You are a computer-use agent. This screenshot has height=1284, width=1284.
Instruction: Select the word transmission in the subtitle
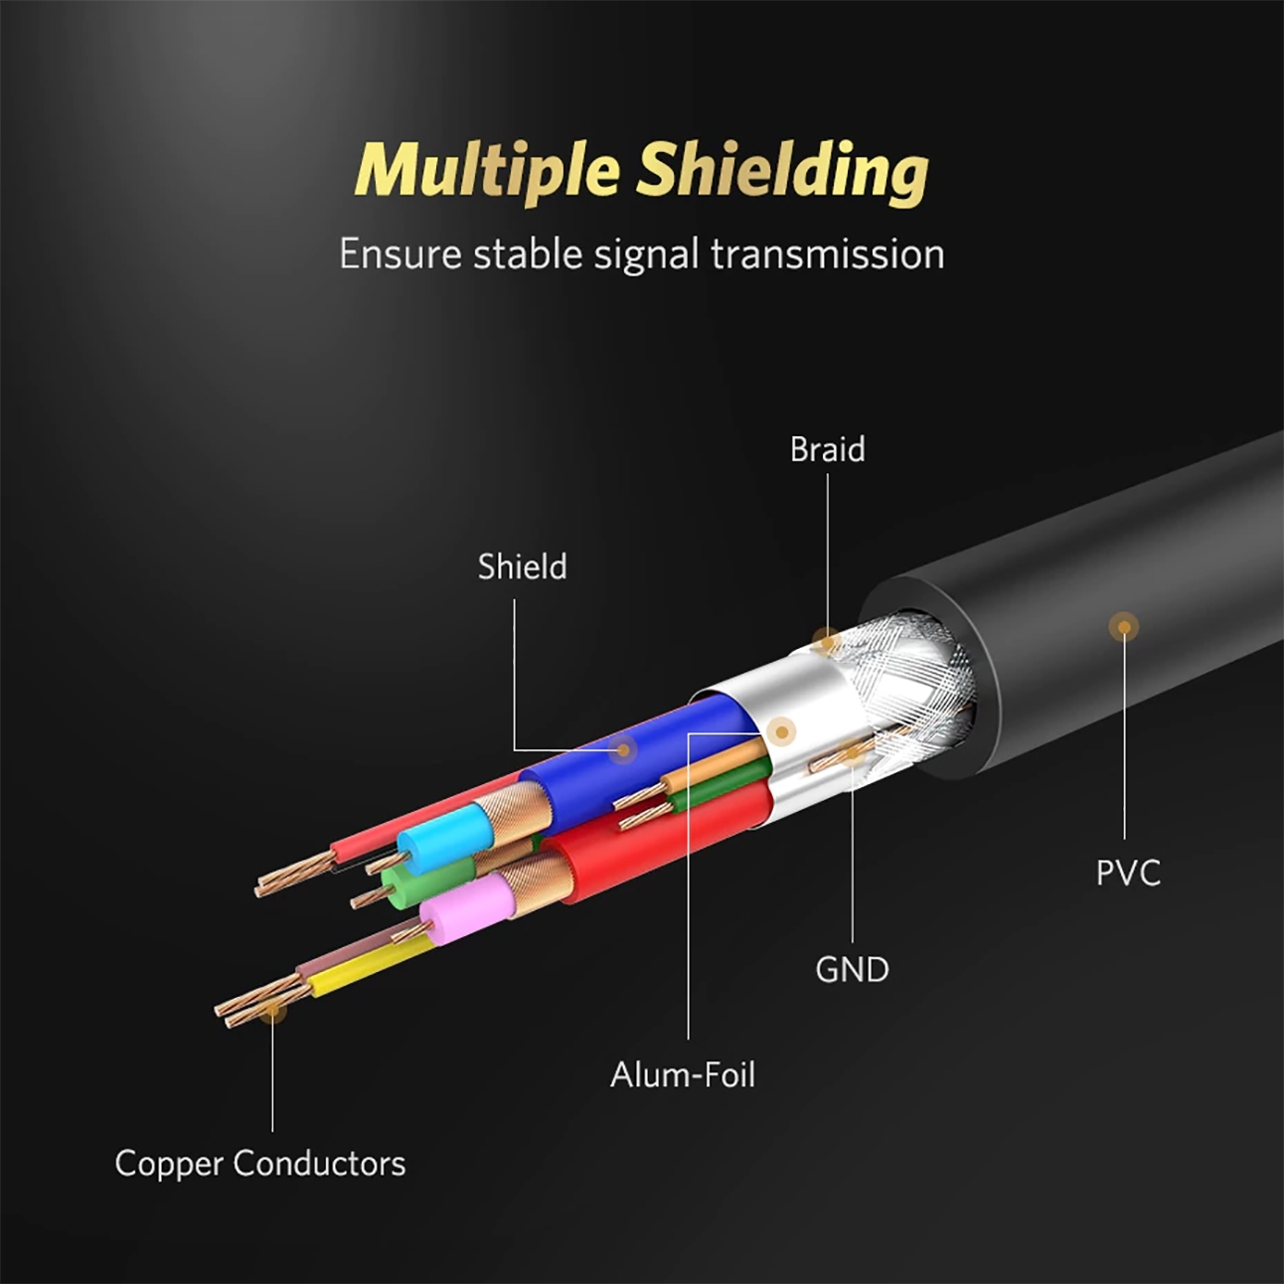pos(827,254)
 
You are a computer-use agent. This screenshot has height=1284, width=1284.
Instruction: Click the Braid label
pos(827,450)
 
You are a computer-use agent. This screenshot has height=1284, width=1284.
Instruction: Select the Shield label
pos(522,566)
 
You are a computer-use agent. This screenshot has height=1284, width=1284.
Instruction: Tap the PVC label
pos(1127,874)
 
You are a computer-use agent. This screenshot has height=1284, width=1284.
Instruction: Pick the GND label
pos(852,969)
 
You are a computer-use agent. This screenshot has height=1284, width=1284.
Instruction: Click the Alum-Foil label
pos(683,1074)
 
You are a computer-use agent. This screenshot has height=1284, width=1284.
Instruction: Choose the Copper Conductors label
pos(259,1163)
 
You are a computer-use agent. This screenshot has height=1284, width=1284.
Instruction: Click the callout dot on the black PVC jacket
pos(1124,626)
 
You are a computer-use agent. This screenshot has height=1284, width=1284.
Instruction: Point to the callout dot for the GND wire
pos(852,753)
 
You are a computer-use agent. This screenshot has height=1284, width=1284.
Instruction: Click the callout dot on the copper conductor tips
pos(272,1010)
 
